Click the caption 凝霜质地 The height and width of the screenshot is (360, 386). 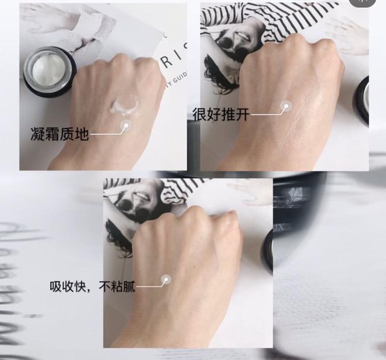coord(59,133)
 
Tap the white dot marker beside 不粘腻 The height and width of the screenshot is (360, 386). coord(166,279)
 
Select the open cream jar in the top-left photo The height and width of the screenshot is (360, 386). coord(49,71)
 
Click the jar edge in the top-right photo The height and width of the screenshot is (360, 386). coord(363,99)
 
